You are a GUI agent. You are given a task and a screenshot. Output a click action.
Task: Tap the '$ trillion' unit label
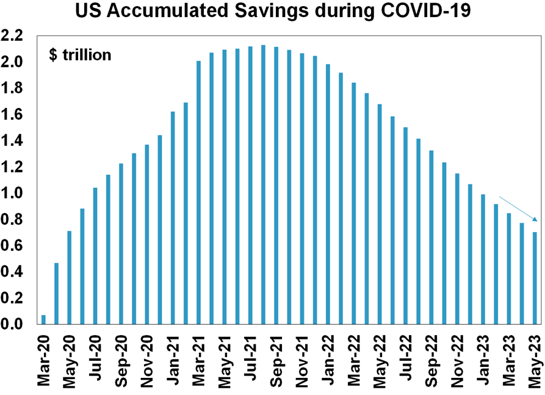(80, 55)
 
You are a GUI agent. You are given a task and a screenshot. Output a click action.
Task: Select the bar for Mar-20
(43, 319)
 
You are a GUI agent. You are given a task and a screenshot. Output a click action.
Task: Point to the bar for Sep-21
(276, 186)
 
